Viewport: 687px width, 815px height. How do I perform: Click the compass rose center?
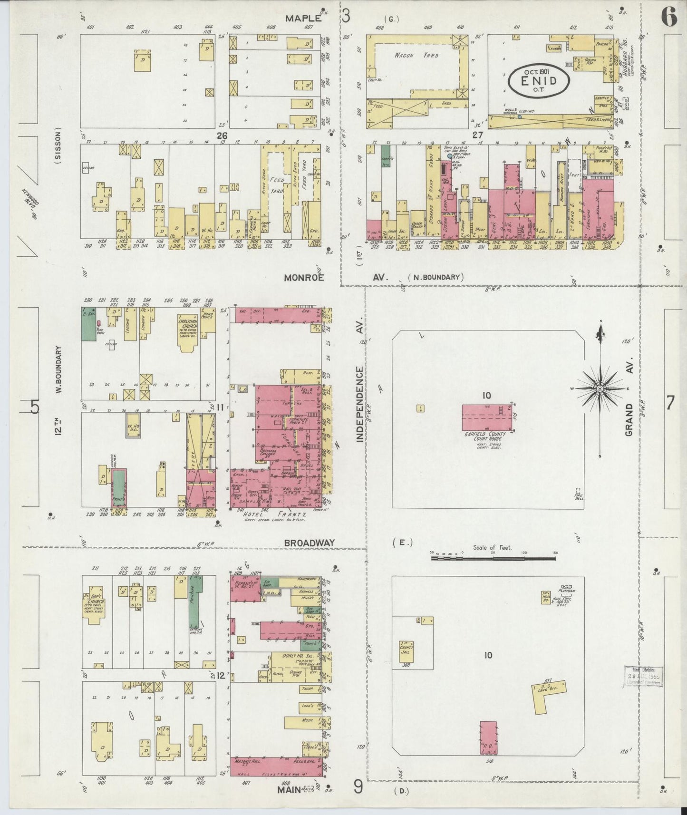click(x=600, y=388)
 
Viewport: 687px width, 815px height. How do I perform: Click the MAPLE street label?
click(x=303, y=18)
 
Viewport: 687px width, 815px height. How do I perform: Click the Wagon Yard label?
click(x=409, y=55)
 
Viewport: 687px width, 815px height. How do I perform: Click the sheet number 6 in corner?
click(x=668, y=18)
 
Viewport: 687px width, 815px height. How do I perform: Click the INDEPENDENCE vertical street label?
click(x=360, y=404)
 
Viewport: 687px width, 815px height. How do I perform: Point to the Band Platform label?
click(x=568, y=589)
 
